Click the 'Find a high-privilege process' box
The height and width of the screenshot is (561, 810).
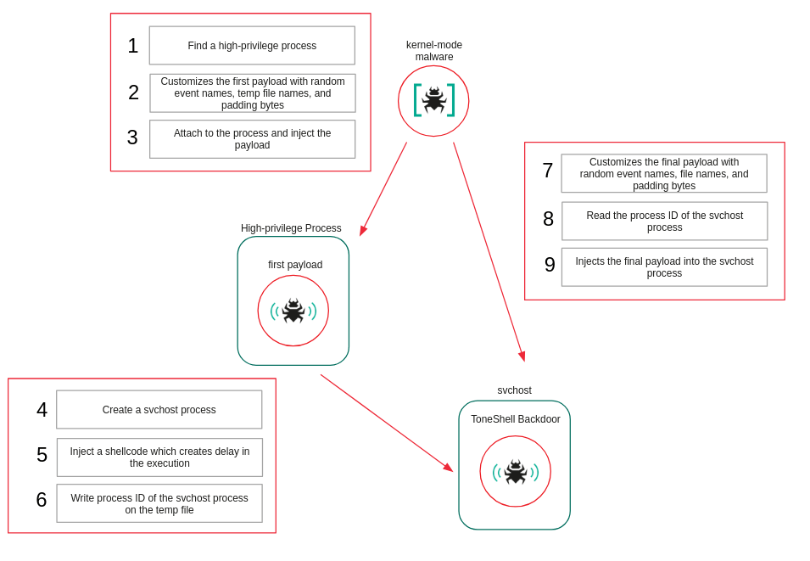(x=252, y=46)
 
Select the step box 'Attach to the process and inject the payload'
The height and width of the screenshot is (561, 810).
(x=252, y=139)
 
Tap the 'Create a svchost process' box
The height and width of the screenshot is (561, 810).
(x=159, y=410)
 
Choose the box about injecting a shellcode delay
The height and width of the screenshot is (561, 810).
(x=159, y=457)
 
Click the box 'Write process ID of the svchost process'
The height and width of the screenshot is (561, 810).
(x=159, y=503)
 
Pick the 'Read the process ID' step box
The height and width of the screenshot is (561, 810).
(x=664, y=222)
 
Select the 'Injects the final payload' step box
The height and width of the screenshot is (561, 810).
(x=664, y=267)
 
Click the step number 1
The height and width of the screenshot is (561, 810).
(x=133, y=46)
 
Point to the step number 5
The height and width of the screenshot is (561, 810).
(x=42, y=455)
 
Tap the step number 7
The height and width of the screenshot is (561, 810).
(x=548, y=171)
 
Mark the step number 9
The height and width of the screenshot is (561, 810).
(x=550, y=265)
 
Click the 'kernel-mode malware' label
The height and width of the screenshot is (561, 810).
(x=434, y=51)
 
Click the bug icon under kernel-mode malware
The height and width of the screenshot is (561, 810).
(x=433, y=101)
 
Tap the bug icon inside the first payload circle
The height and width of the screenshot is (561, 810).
(x=293, y=311)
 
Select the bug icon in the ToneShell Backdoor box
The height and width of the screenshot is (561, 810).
(x=515, y=471)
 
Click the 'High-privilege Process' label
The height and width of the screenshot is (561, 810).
(x=291, y=228)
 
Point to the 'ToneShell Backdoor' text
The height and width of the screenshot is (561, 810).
(x=516, y=419)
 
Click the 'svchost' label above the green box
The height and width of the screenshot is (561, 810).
(x=514, y=390)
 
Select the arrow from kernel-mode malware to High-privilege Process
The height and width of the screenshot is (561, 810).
(x=383, y=188)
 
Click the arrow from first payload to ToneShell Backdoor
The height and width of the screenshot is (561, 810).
(x=387, y=424)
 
